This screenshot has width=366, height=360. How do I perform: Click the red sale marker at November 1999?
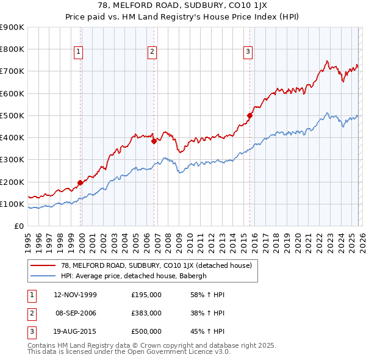click(80, 182)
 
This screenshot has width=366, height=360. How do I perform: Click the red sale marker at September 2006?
click(154, 141)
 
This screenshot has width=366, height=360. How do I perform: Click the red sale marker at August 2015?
click(249, 115)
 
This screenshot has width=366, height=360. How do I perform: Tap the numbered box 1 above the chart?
click(79, 52)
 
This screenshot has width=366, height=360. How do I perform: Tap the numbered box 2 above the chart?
click(151, 52)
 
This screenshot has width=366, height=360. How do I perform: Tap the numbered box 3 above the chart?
click(248, 52)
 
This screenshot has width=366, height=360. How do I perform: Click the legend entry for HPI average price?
click(134, 276)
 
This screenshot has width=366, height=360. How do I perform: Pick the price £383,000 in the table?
click(146, 313)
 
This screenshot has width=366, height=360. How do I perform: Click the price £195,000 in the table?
click(146, 295)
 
